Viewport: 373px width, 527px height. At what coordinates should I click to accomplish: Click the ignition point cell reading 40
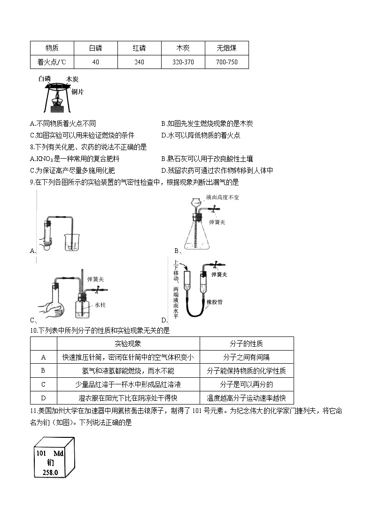point(96,62)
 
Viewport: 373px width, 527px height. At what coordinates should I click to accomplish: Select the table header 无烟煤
point(226,48)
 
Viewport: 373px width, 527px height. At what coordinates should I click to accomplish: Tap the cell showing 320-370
point(183,62)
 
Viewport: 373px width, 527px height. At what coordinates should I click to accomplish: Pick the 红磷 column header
point(139,48)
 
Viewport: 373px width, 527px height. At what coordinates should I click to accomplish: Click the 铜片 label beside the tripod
point(78,92)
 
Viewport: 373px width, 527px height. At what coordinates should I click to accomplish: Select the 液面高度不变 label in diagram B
point(224,198)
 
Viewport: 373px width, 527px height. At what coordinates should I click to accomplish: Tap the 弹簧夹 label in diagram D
point(220,274)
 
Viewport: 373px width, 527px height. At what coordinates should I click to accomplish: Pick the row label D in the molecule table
point(43,398)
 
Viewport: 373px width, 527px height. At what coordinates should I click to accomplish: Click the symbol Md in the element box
point(58,454)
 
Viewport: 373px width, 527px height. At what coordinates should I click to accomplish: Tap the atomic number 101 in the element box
point(42,454)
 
